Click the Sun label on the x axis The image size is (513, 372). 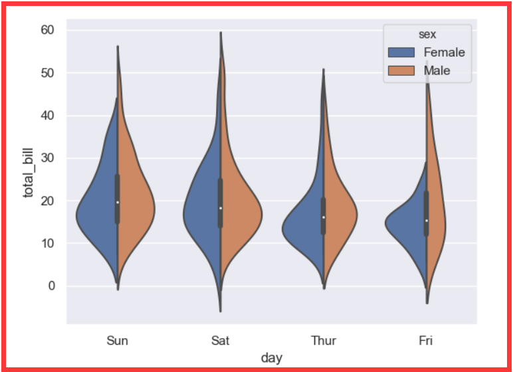tap(118, 341)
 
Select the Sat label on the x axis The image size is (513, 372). tap(220, 341)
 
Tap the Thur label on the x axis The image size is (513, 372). tap(323, 341)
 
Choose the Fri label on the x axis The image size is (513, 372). tap(426, 341)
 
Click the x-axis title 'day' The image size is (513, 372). tap(271, 358)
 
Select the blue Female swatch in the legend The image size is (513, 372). tap(401, 52)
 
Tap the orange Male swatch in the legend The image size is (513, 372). tap(401, 70)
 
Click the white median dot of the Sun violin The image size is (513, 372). tap(118, 202)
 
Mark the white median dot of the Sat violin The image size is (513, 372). tap(221, 208)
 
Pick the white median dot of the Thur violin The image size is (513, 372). tap(324, 217)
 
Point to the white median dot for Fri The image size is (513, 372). tap(426, 221)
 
